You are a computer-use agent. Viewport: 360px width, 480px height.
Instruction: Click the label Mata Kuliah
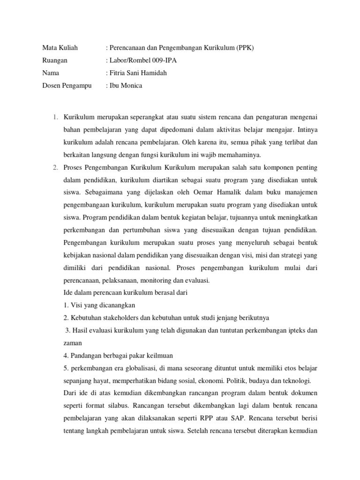coord(60,48)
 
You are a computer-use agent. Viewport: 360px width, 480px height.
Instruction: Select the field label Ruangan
coord(55,60)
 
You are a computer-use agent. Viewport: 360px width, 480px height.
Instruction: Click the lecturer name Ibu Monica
coord(125,86)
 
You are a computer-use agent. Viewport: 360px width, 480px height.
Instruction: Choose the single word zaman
coord(72,343)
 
